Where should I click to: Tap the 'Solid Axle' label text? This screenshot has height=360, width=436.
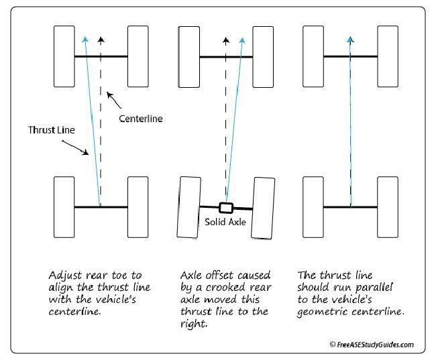tap(224, 222)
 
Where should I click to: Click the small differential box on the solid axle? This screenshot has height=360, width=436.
tap(225, 207)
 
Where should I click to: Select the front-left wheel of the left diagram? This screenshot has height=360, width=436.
tap(64, 57)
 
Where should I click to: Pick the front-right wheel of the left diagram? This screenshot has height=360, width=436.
tap(138, 57)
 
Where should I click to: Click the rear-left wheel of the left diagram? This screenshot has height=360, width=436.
tap(64, 208)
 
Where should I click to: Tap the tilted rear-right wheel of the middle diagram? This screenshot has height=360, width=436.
tap(262, 208)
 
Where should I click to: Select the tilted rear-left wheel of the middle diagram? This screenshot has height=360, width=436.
tap(187, 208)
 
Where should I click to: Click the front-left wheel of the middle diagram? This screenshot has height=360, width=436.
tap(188, 57)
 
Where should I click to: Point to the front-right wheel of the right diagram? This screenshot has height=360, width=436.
tap(387, 57)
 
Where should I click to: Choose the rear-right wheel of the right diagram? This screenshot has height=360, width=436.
tap(387, 208)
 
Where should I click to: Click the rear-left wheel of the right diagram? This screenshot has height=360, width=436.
tap(313, 208)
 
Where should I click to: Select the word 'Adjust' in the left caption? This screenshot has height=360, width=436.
tap(65, 276)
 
